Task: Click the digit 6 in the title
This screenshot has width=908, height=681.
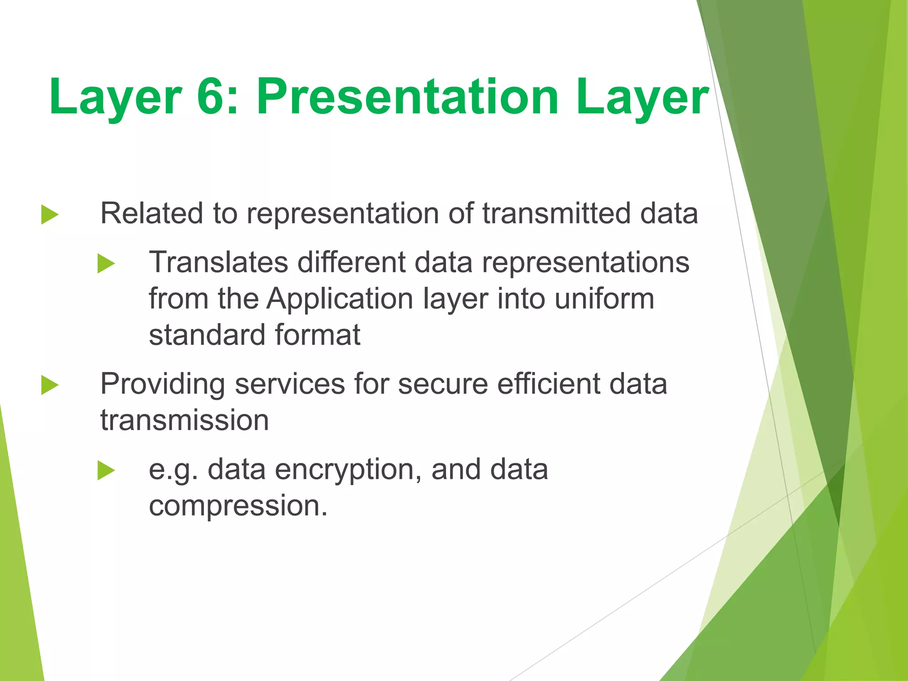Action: pos(214,97)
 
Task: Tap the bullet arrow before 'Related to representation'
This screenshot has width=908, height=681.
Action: pos(50,215)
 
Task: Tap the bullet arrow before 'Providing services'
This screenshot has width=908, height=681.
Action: pos(50,384)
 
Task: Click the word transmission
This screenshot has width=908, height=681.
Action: pos(184,420)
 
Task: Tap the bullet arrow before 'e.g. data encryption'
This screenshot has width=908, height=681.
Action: pos(106,470)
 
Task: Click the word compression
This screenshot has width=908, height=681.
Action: pos(238,505)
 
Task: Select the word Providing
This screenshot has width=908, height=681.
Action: pos(162,384)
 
